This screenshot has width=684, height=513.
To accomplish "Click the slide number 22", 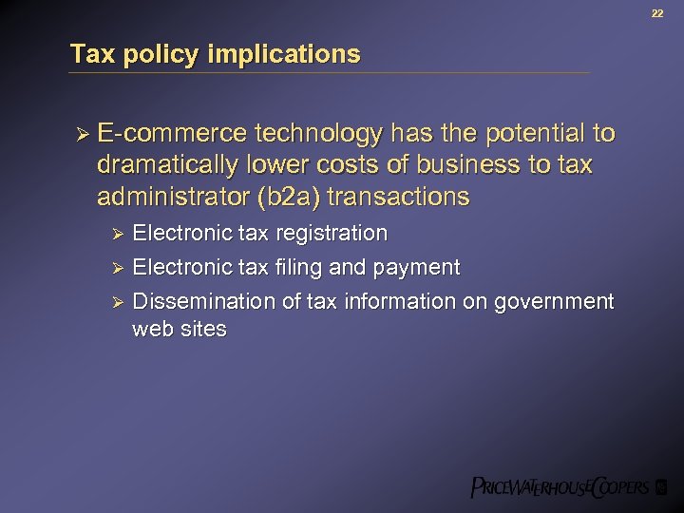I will pos(656,12).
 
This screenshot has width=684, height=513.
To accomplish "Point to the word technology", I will pos(315,134).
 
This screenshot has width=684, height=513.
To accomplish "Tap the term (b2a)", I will pos(286,198).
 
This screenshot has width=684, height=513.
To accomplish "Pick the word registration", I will pos(331,234).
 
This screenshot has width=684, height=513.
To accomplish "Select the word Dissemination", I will pos(204,302).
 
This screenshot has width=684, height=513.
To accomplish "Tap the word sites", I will pos(203,330).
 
